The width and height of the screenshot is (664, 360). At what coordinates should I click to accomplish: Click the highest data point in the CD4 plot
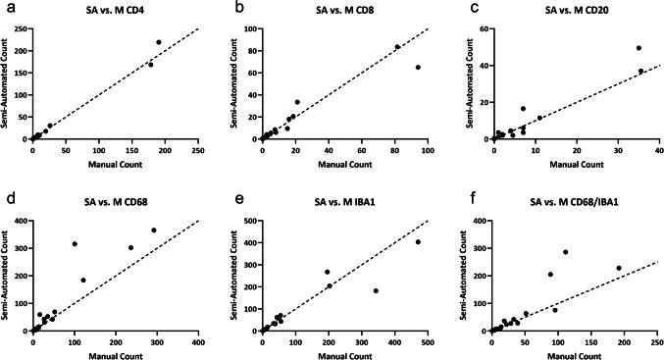[159, 42]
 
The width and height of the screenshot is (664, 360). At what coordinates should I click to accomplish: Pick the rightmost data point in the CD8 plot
[418, 68]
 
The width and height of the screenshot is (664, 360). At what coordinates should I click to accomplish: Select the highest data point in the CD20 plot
[638, 48]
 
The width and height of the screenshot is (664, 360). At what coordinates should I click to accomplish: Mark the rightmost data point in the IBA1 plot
[418, 242]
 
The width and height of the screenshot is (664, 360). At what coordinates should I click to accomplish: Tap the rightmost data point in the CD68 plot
[154, 231]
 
